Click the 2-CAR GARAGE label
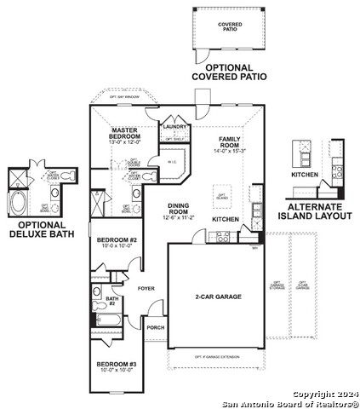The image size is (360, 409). point(218,297)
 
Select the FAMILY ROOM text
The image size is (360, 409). point(231,141)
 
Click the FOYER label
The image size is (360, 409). point(147,288)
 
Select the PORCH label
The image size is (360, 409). point(156,326)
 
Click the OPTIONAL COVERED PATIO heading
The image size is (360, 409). point(229,72)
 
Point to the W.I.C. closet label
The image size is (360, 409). point(170,160)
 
